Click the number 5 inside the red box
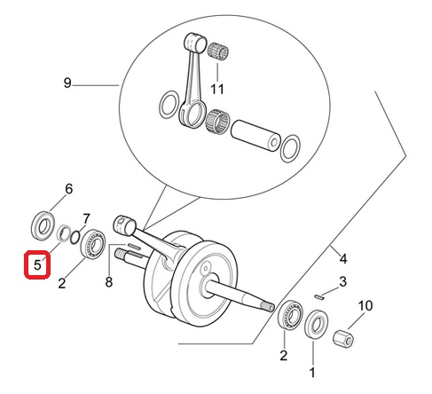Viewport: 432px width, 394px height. pos(37,264)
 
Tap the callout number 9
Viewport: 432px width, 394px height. pos(67,83)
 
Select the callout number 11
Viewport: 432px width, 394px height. pos(217,89)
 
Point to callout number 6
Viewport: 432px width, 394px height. pos(68,189)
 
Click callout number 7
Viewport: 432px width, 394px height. pos(86,219)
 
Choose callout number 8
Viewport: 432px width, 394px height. pos(109,282)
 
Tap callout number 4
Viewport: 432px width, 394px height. pos(343,259)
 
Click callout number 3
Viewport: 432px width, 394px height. pos(342,281)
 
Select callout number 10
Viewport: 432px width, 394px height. pos(365,305)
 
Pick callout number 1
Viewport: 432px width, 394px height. pos(312,373)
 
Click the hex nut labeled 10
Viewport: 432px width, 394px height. pos(343,338)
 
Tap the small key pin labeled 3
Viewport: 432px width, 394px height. pos(319,296)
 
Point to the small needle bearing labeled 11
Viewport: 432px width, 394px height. pos(218,52)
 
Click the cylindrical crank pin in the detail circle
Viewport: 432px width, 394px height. pos(256,136)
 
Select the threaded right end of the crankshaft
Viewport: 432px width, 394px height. pos(268,307)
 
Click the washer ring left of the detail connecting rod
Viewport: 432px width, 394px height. pos(169,105)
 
